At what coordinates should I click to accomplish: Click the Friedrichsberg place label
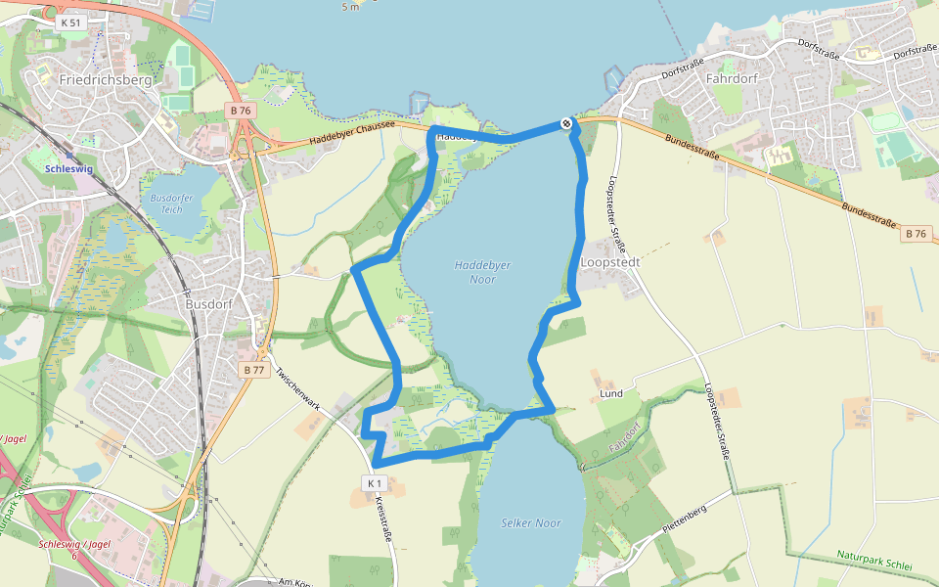tap(106, 79)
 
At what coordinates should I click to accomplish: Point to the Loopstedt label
tap(607, 263)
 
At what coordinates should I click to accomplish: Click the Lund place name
tap(610, 394)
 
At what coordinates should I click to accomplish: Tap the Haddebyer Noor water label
tap(482, 272)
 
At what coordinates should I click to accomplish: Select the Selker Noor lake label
tap(530, 523)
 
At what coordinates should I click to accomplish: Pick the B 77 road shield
tap(253, 370)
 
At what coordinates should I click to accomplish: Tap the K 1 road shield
tap(373, 483)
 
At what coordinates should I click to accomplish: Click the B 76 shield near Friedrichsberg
tap(241, 111)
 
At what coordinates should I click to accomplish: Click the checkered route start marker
tap(566, 123)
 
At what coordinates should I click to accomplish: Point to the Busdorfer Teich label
tap(165, 203)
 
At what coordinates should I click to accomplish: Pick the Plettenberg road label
tap(684, 517)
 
